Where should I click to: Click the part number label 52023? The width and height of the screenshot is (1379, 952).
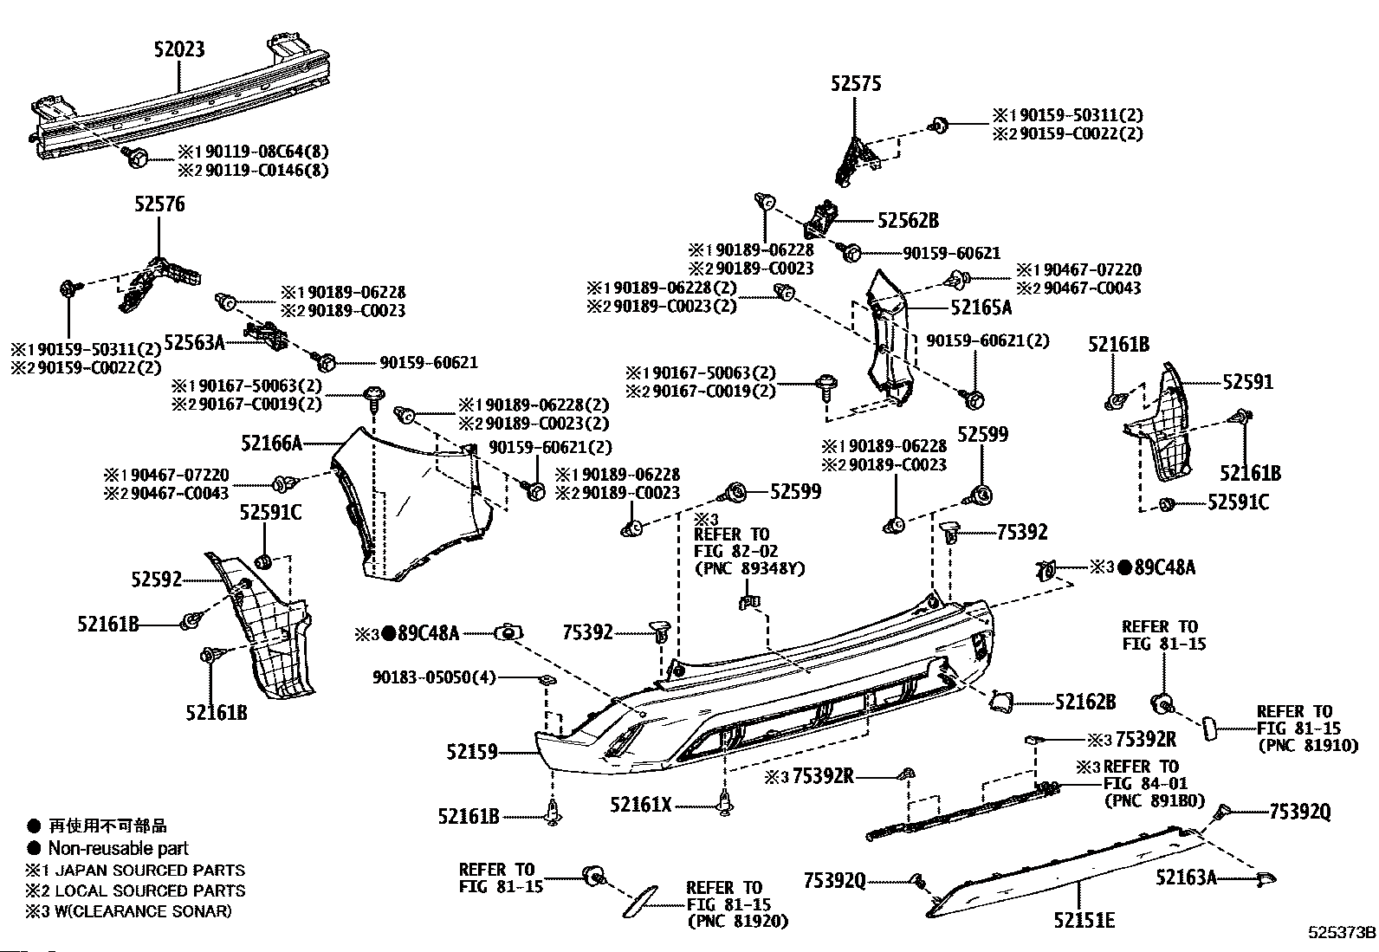pyautogui.click(x=180, y=50)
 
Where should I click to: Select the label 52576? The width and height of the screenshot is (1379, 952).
pyautogui.click(x=159, y=204)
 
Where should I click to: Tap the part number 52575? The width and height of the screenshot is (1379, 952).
pyautogui.click(x=856, y=83)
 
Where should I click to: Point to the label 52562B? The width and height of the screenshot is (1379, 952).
pyautogui.click(x=908, y=221)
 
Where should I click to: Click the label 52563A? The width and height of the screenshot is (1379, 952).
pyautogui.click(x=194, y=343)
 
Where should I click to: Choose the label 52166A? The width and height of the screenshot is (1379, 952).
pyautogui.click(x=271, y=444)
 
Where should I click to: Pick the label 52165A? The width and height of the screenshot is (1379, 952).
pyautogui.click(x=981, y=307)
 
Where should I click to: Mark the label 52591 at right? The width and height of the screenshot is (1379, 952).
pyautogui.click(x=1248, y=381)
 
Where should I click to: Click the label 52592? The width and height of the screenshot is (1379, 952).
pyautogui.click(x=157, y=578)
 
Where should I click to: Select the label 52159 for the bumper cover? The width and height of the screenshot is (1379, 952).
pyautogui.click(x=473, y=752)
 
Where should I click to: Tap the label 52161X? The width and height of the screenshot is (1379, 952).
pyautogui.click(x=640, y=805)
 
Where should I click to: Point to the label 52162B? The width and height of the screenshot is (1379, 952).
pyautogui.click(x=1085, y=703)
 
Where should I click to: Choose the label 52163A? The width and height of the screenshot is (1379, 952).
pyautogui.click(x=1186, y=878)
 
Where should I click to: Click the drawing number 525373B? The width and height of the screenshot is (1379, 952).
pyautogui.click(x=1342, y=934)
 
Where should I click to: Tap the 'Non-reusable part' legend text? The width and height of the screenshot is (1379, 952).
pyautogui.click(x=118, y=849)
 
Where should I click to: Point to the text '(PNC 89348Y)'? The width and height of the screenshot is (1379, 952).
pyautogui.click(x=749, y=568)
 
